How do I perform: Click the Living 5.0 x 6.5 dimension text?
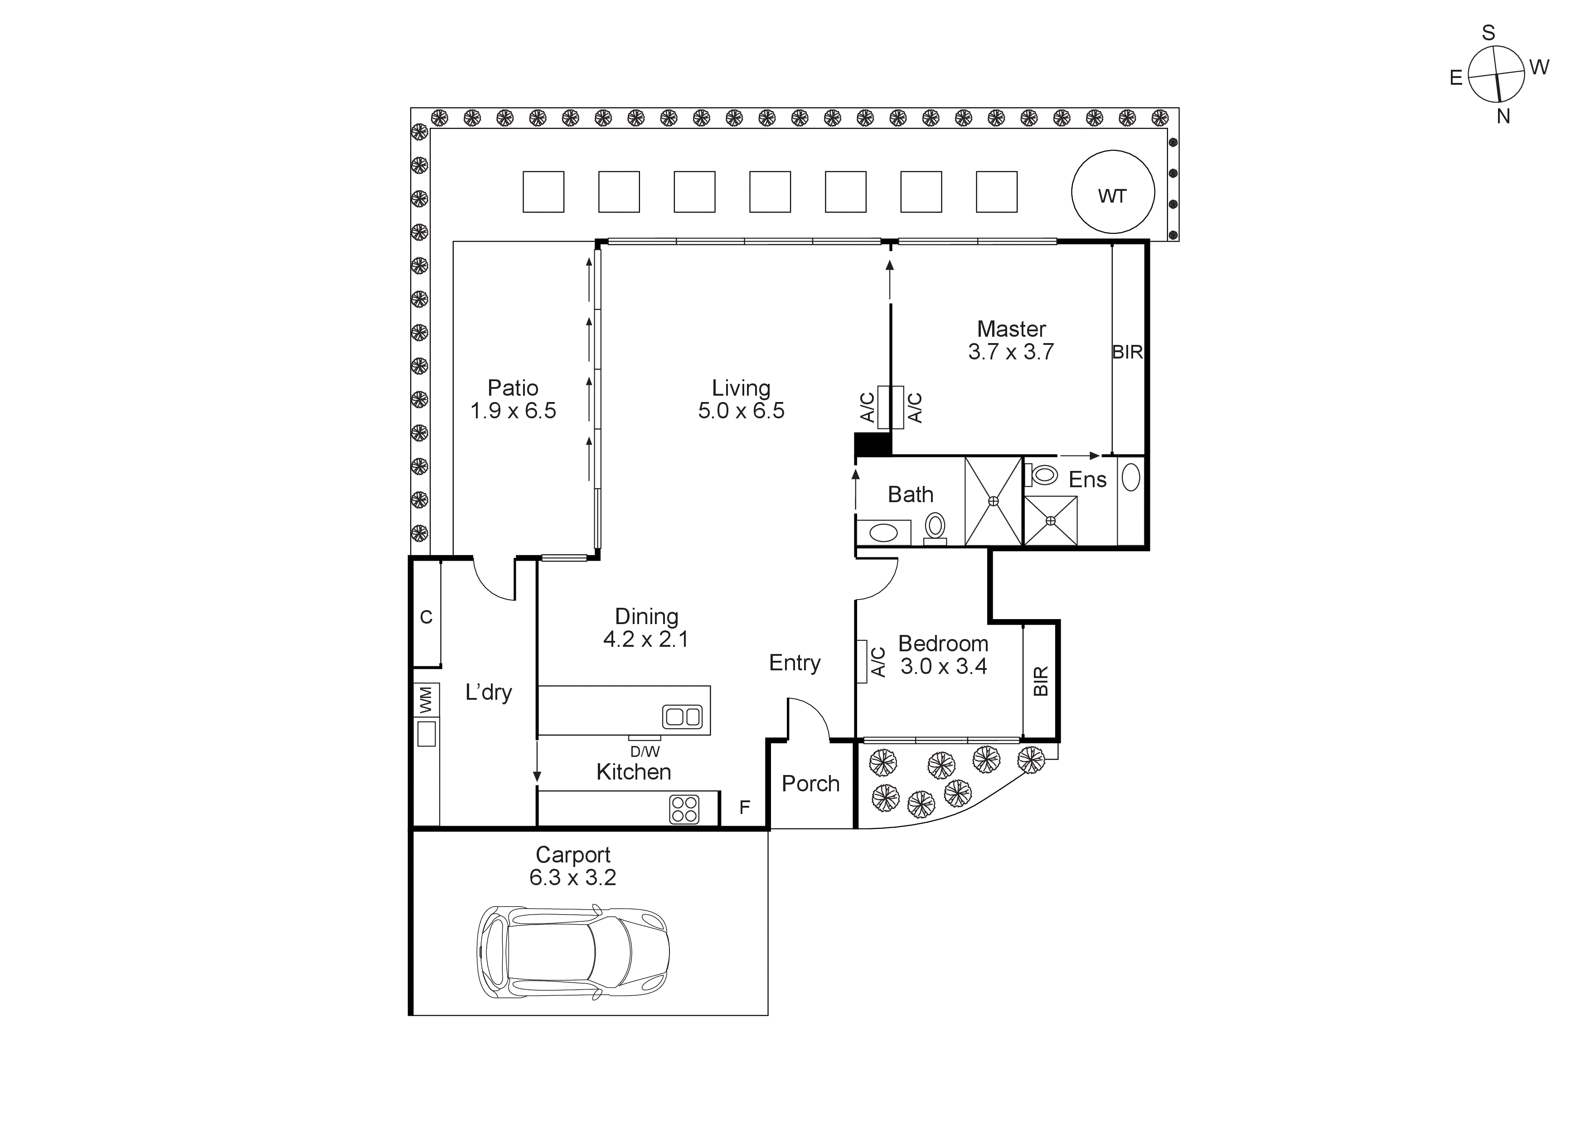point(741,410)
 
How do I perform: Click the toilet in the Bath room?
point(935,526)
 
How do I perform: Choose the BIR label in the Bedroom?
point(1041,681)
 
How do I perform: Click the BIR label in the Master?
point(1127,352)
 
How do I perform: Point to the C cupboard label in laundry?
point(426,616)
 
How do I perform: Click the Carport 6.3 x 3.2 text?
point(573,866)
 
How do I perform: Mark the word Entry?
point(794,663)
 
